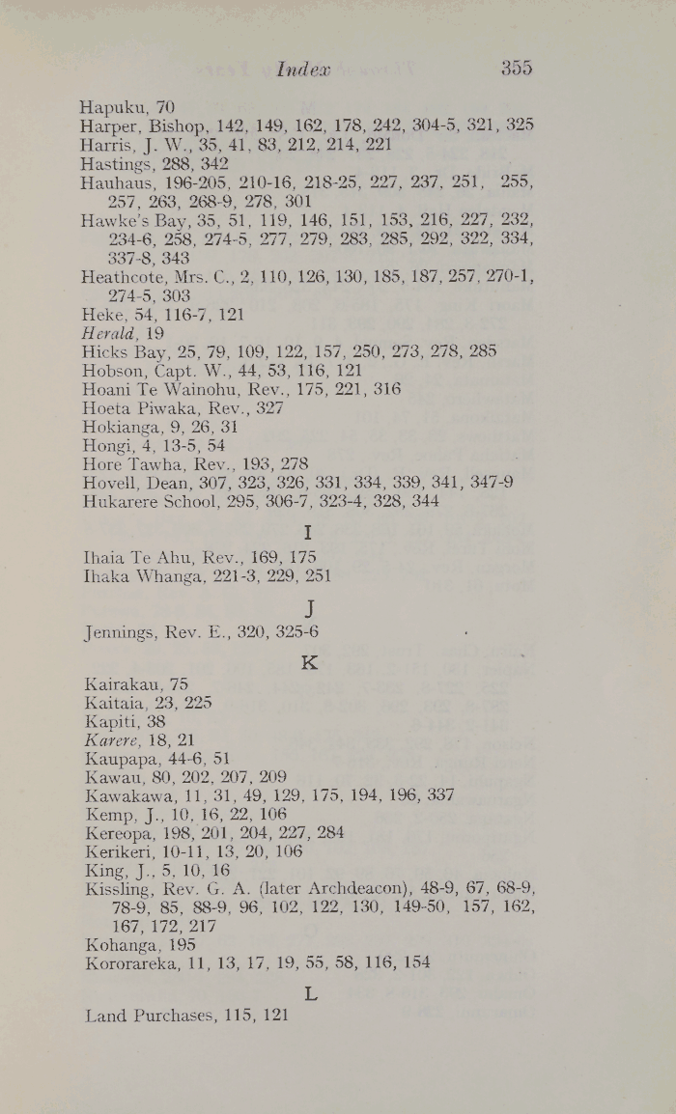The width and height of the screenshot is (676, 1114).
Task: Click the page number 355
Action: (x=517, y=70)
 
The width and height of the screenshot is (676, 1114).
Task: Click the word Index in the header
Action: (x=303, y=70)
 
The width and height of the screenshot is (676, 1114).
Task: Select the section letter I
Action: (x=309, y=532)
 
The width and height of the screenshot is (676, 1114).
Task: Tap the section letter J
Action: (x=310, y=607)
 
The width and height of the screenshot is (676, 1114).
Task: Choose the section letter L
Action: (x=310, y=991)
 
